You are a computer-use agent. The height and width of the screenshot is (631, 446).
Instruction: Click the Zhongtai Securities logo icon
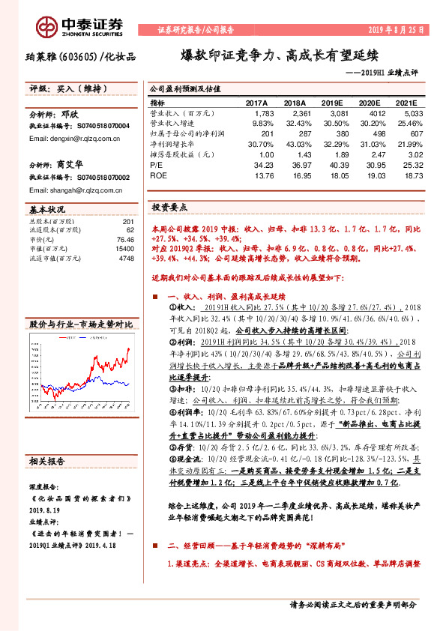[48, 25]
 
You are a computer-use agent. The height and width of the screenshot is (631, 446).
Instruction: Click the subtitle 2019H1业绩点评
[394, 72]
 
